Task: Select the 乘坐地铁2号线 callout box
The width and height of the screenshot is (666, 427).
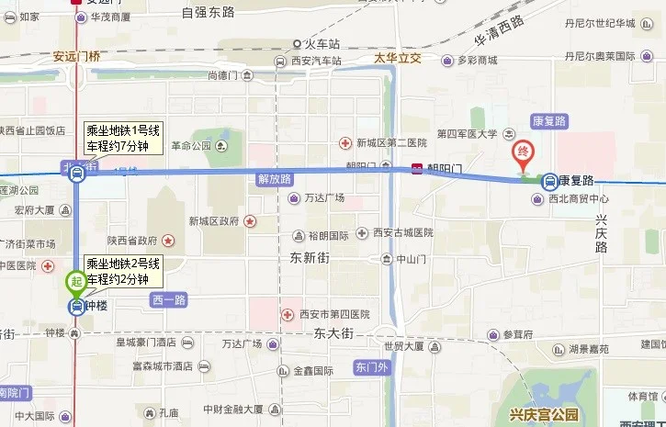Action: point(123,271)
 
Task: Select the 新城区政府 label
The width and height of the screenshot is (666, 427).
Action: point(214,220)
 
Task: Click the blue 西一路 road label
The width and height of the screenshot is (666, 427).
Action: point(167,299)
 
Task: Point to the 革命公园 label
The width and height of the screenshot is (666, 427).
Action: point(192,145)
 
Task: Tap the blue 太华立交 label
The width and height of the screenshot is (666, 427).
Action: point(397,59)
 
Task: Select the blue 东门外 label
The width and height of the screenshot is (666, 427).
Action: point(371,368)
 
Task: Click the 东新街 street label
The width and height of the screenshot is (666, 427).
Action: point(309,256)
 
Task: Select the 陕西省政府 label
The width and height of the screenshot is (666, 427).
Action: point(133,240)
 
